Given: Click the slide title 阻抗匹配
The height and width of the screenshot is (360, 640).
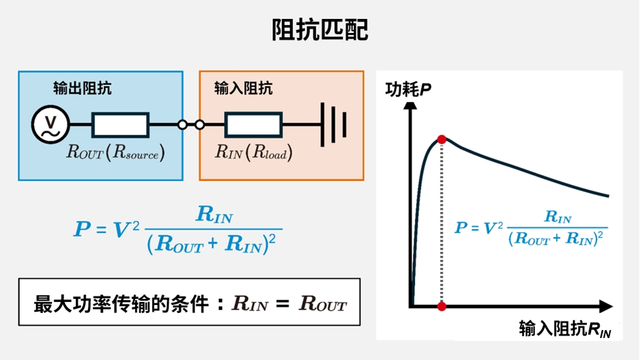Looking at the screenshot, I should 320,29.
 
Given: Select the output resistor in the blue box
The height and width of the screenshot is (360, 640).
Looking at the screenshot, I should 120,125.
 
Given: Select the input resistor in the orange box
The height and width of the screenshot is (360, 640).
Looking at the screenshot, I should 253,125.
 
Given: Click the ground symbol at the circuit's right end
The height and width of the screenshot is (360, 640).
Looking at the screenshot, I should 333,124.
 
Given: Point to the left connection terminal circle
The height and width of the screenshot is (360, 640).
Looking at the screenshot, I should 182,125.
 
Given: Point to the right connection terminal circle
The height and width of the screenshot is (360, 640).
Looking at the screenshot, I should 199,125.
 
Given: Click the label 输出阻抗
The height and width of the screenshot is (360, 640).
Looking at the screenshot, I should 83,89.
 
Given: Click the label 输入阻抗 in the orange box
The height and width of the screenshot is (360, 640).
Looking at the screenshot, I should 244,89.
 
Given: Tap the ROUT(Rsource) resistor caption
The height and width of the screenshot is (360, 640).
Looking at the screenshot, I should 116,152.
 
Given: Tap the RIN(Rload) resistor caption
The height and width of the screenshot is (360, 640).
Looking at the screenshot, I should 253,152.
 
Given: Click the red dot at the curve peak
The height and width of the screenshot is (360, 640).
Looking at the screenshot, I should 442,140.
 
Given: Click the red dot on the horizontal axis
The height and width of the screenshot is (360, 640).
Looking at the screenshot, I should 442,306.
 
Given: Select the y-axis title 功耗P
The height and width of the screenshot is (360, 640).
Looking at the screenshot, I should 408,90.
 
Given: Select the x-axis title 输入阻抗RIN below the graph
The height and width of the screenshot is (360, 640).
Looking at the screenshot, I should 565,329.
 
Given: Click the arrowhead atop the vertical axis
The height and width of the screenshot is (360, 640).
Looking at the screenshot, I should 411,105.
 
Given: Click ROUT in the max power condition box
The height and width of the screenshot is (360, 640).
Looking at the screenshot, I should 322,304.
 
